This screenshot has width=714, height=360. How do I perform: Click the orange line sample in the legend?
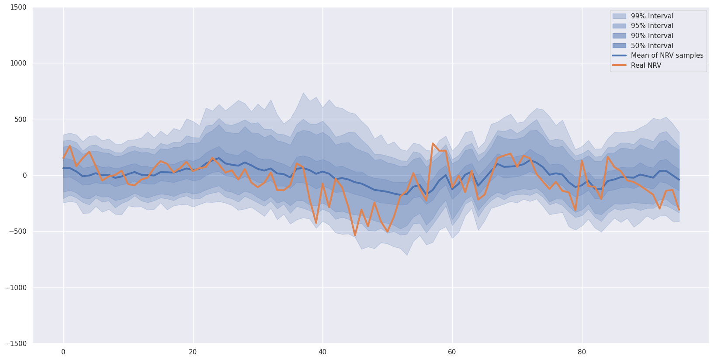point(619,66)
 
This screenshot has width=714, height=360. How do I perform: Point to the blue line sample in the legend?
point(619,55)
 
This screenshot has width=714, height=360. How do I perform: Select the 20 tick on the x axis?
point(193,352)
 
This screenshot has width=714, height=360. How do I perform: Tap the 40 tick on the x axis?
point(322,352)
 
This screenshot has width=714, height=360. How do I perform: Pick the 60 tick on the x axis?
point(452,352)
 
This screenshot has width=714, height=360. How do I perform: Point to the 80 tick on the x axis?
point(582,352)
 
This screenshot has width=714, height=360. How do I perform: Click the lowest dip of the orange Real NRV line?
point(355,235)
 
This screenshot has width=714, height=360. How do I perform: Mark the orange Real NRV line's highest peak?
point(433,143)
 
